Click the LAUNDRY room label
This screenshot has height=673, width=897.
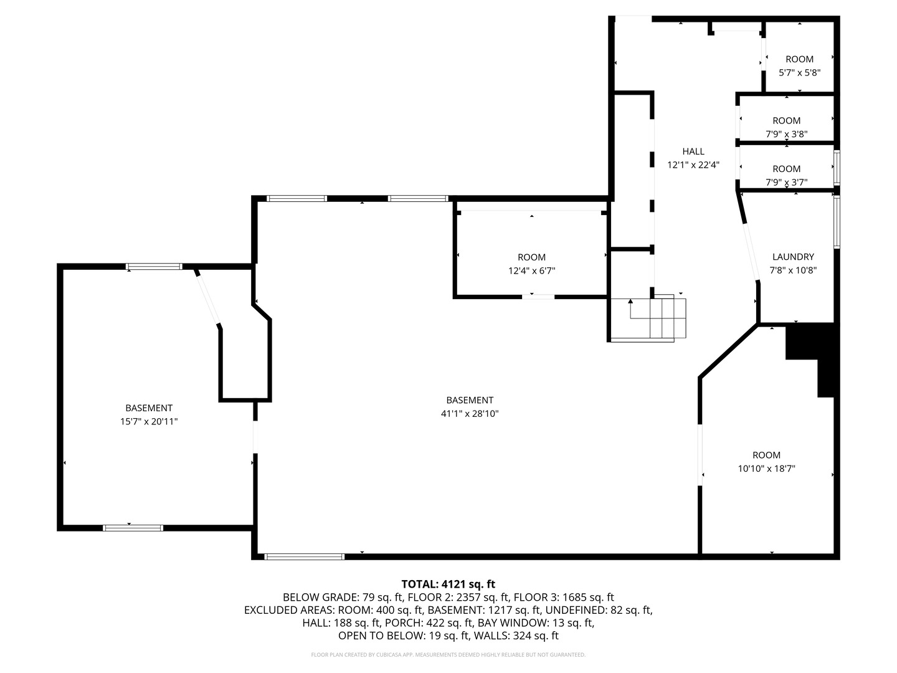click(x=793, y=257)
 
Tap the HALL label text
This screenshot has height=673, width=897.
click(x=693, y=151)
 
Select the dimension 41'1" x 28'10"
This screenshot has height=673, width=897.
click(x=470, y=414)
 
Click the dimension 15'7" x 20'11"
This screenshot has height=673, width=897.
click(x=148, y=422)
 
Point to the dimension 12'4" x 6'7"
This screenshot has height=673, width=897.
click(x=531, y=271)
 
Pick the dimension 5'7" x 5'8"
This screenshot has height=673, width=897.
click(x=799, y=72)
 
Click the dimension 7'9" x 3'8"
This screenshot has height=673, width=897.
click(x=786, y=134)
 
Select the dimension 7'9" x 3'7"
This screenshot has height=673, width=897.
click(x=786, y=183)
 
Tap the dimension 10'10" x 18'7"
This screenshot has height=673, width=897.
click(x=766, y=469)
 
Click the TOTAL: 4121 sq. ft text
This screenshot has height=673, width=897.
click(x=448, y=584)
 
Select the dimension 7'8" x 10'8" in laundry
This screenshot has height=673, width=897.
click(x=793, y=270)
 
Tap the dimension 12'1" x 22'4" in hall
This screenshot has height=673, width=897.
click(x=693, y=165)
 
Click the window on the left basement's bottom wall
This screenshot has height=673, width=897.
click(x=133, y=528)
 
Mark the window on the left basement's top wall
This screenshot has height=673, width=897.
click(x=154, y=267)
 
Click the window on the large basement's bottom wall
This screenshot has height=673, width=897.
click(x=305, y=556)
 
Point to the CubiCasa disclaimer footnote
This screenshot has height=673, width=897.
click(x=448, y=655)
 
